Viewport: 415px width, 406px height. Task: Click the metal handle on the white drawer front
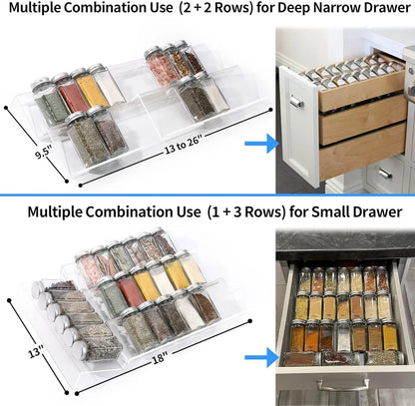pyautogui.click(x=295, y=102)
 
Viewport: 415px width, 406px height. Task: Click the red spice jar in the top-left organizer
pyautogui.click(x=72, y=93)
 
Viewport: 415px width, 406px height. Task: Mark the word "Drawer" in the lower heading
pyautogui.click(x=377, y=211)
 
